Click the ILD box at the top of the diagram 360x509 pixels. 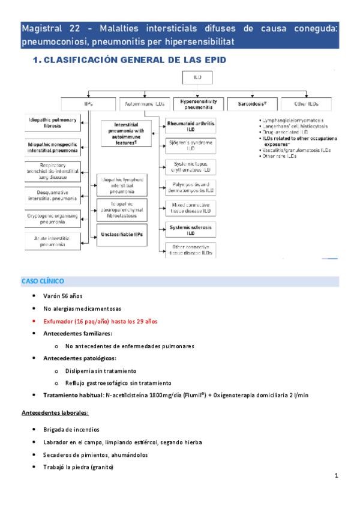(197, 78)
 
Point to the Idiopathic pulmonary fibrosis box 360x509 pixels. (53, 124)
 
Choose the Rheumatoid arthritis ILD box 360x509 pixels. (191, 125)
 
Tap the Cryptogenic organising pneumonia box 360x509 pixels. (53, 217)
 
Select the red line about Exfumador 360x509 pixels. (100, 321)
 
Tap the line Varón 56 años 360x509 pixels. (63, 296)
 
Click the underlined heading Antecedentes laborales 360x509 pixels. (55, 413)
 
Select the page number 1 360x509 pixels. (337, 477)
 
